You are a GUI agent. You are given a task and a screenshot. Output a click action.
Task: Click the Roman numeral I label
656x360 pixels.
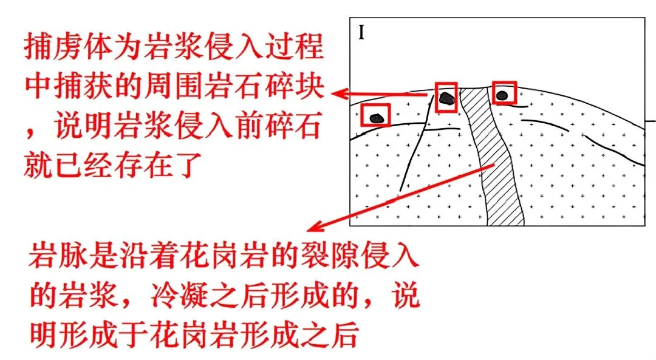361,32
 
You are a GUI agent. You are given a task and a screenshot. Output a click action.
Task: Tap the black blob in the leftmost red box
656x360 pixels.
377,118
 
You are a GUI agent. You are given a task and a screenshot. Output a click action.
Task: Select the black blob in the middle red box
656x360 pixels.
447,98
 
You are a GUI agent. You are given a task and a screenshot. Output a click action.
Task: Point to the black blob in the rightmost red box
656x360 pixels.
502,95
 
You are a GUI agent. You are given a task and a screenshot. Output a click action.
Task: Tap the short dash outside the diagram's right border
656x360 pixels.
651,121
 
